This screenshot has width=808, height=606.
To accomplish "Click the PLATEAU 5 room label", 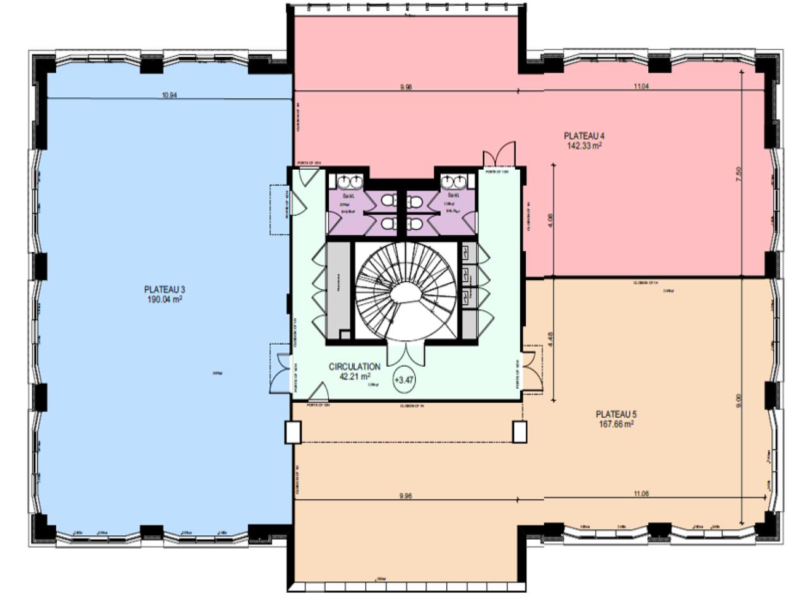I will (x=615, y=415).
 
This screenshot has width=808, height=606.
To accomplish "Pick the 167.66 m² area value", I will (x=615, y=425).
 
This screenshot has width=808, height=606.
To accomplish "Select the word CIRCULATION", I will (x=354, y=366).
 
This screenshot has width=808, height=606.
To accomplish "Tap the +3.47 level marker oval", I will (x=404, y=380).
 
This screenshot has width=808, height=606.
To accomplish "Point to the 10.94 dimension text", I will (x=169, y=96).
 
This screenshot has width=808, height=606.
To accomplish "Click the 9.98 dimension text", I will (x=406, y=88).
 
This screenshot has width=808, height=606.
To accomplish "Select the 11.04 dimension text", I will (x=639, y=88).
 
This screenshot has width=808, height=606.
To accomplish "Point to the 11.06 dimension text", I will (x=639, y=494).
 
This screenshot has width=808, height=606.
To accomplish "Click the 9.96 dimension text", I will (x=406, y=496).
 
